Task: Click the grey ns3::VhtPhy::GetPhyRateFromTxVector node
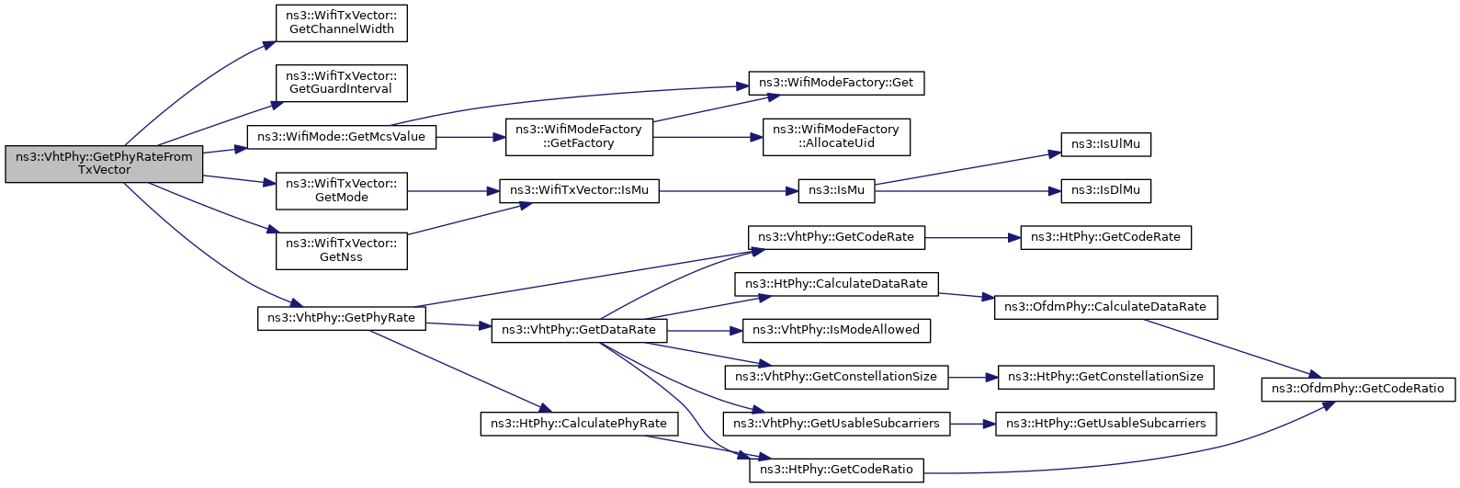pyautogui.click(x=104, y=164)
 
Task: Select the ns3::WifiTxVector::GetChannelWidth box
pyautogui.click(x=342, y=24)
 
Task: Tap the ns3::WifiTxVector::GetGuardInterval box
pyautogui.click(x=342, y=83)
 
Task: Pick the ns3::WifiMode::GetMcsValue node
pyautogui.click(x=342, y=137)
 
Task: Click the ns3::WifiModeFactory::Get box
pyautogui.click(x=836, y=84)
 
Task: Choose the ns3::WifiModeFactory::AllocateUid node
pyautogui.click(x=836, y=137)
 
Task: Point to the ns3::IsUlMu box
pyautogui.click(x=1106, y=144)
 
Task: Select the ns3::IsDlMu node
pyautogui.click(x=1106, y=191)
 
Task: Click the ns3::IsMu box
pyautogui.click(x=836, y=191)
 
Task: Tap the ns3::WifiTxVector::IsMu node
pyautogui.click(x=580, y=191)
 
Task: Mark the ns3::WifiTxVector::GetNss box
pyautogui.click(x=342, y=251)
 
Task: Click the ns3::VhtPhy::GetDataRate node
pyautogui.click(x=580, y=330)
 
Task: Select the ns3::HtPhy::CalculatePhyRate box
pyautogui.click(x=580, y=425)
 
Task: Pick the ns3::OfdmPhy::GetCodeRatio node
pyautogui.click(x=1358, y=389)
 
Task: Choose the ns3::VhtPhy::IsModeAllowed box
pyautogui.click(x=836, y=330)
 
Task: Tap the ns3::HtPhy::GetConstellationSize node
pyautogui.click(x=1106, y=377)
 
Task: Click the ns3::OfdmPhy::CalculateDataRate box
pyautogui.click(x=1106, y=307)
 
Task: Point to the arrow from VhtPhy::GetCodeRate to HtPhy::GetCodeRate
pyautogui.click(x=972, y=238)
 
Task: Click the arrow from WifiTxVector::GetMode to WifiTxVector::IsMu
pyautogui.click(x=454, y=191)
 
